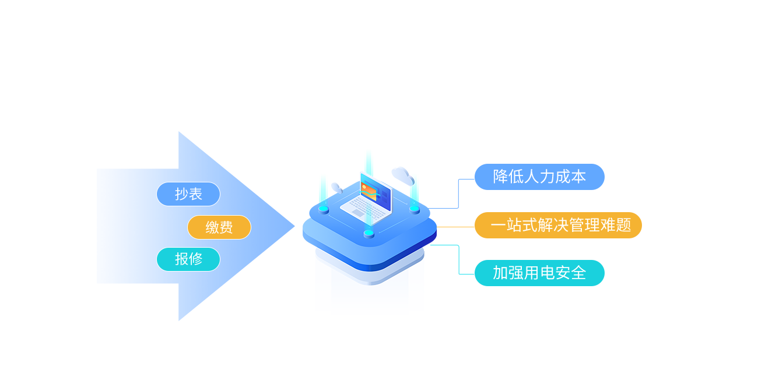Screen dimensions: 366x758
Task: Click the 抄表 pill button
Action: [188, 194]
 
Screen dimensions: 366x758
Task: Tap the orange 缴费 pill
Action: [219, 227]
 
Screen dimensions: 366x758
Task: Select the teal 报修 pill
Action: [188, 259]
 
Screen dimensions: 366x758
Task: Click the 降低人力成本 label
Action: [539, 177]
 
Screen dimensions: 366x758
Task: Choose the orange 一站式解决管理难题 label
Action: [558, 226]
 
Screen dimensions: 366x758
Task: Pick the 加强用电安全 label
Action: [539, 273]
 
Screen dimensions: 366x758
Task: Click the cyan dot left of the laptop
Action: [324, 209]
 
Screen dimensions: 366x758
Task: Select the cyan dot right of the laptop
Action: [414, 208]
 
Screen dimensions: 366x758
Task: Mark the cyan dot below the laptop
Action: [369, 234]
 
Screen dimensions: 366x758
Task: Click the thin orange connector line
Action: [455, 227]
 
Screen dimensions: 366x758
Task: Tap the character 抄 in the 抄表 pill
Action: [181, 194]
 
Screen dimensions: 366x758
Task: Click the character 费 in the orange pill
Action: [226, 227]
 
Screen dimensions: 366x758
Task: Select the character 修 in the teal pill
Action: [195, 259]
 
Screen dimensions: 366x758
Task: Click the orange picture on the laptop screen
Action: [369, 192]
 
